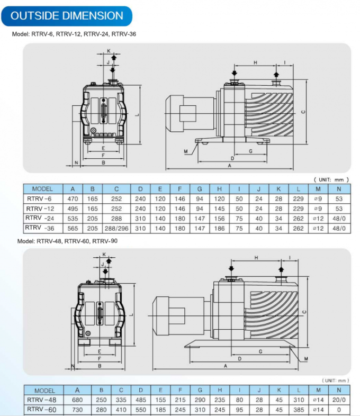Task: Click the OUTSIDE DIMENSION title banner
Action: (67, 15)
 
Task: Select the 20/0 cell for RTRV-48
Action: (337, 400)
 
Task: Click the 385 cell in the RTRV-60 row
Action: (298, 410)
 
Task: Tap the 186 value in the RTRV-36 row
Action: (219, 228)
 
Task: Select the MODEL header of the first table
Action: (42, 188)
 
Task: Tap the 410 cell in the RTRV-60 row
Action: (121, 410)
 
